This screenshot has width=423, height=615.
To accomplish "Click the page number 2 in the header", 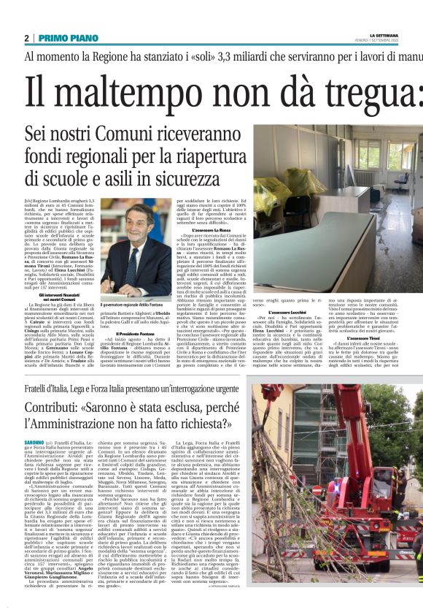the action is (x=26, y=37).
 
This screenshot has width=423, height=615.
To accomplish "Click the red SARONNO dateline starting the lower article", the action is (x=34, y=443).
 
